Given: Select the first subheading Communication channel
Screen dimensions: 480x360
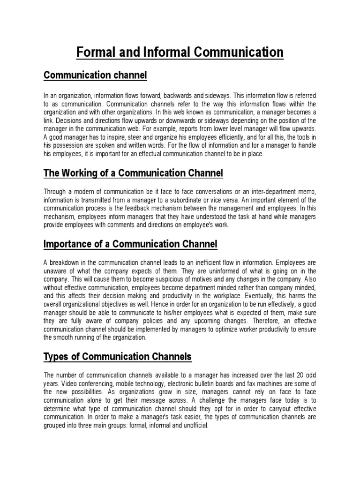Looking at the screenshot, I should pyautogui.click(x=95, y=75).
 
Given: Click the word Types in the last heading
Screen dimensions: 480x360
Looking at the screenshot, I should pyautogui.click(x=55, y=357).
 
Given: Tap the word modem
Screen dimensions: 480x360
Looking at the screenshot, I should pyautogui.click(x=81, y=192).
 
